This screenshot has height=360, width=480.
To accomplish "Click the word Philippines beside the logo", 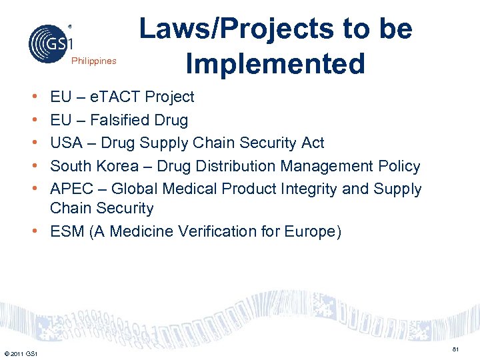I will tap(94, 61).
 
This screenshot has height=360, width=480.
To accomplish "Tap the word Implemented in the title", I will tap(275, 63).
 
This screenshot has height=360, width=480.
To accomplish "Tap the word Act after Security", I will tap(311, 143).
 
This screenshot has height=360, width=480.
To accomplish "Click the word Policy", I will tap(398, 166).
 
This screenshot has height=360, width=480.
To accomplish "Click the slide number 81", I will tap(455, 349).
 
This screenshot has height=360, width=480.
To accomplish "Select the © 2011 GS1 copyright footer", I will tap(21, 353).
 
